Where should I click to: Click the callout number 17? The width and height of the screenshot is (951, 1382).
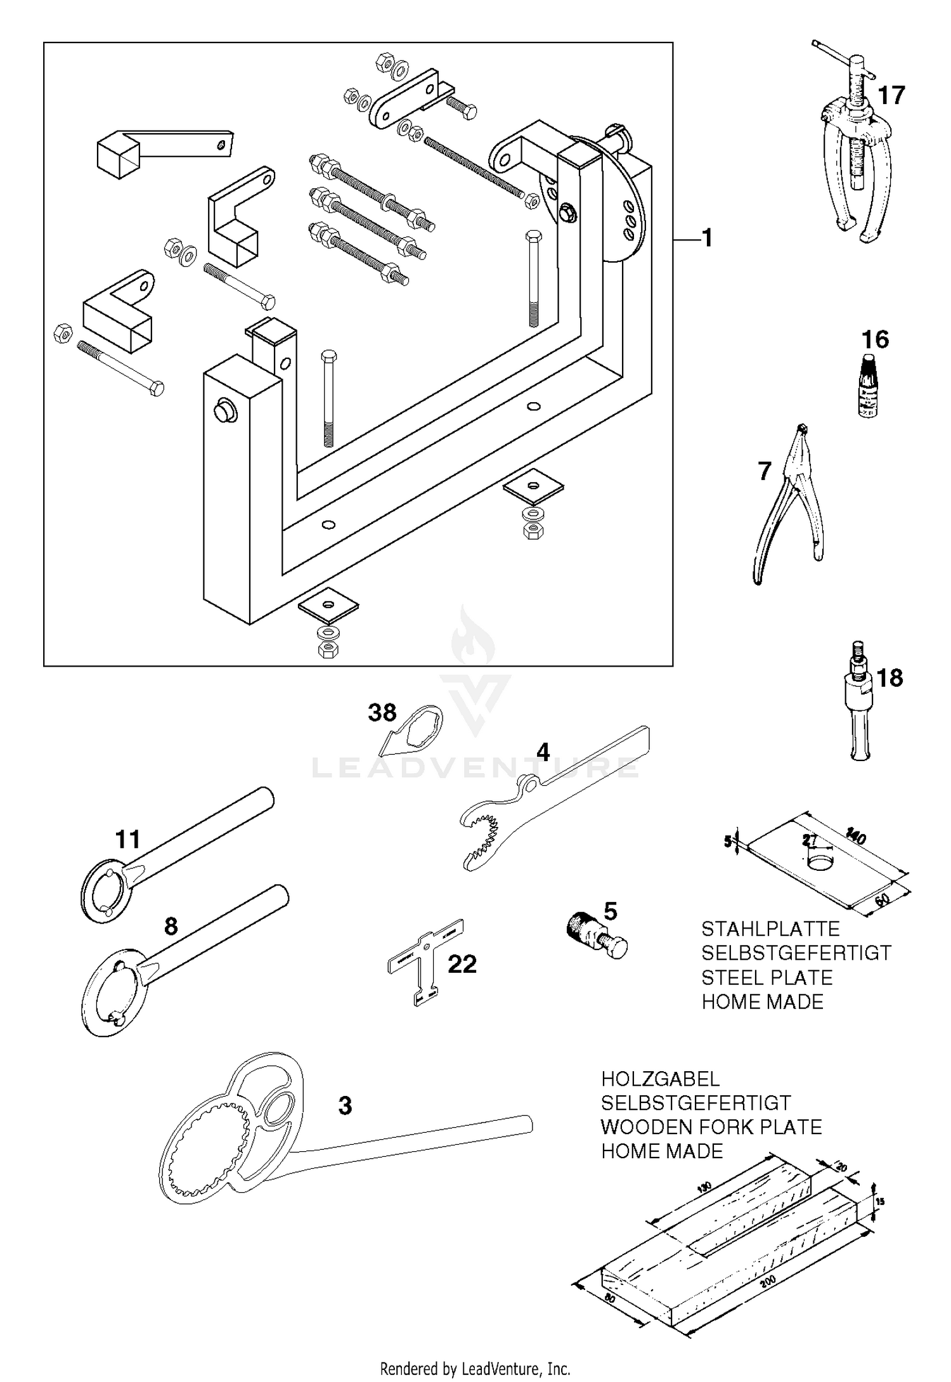[891, 96]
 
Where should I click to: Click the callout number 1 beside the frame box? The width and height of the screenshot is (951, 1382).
[707, 238]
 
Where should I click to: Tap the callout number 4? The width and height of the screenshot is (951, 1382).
[543, 752]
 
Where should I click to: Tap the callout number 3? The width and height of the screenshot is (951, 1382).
[345, 1105]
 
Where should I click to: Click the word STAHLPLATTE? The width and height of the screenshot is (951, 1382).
[770, 929]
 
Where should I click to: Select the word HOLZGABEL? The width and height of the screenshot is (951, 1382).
[660, 1079]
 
